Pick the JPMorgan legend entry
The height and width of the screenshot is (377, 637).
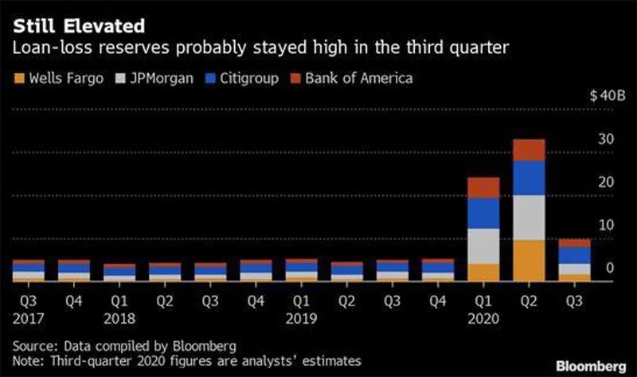(155, 79)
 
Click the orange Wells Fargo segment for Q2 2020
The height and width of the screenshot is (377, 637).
(529, 260)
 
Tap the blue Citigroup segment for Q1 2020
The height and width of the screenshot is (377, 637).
(483, 212)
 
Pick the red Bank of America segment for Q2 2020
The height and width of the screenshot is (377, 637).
(529, 150)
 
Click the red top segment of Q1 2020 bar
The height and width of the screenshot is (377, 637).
(483, 187)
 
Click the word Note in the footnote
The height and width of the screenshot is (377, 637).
(28, 360)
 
